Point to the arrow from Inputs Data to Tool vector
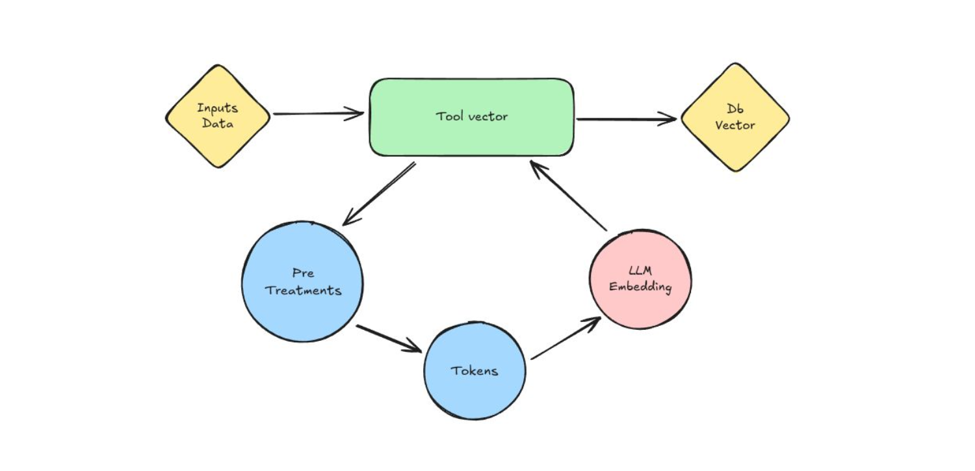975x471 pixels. (x=318, y=114)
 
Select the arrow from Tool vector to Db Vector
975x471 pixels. (x=627, y=119)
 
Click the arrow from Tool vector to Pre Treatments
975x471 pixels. (x=378, y=193)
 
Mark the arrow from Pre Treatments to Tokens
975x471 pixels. (x=389, y=338)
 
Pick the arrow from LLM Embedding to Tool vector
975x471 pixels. (x=569, y=196)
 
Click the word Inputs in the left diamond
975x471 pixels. (x=217, y=108)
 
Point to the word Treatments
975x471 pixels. (x=304, y=290)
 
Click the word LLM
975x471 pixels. (x=640, y=271)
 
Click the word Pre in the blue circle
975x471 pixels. (x=303, y=273)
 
